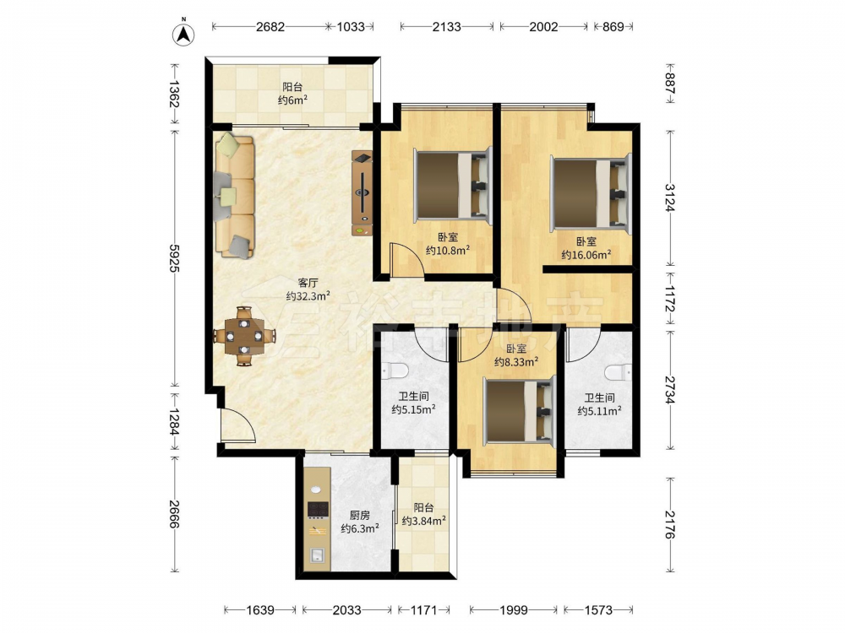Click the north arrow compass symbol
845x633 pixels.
point(183,34)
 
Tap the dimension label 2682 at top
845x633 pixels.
point(270,26)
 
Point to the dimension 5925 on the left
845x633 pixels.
point(174,257)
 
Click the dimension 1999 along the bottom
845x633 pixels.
point(513,610)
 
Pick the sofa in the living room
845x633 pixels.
point(234,196)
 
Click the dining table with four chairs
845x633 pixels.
point(245,337)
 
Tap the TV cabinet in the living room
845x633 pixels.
point(363,193)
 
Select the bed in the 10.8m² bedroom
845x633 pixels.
point(453,186)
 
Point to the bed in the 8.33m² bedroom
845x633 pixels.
point(520,411)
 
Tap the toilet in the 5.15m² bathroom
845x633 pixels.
point(395,371)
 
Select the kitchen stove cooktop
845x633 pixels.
point(318,509)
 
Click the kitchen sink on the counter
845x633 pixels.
point(316,555)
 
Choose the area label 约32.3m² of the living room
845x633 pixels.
point(308,295)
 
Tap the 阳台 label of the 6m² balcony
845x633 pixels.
point(292,87)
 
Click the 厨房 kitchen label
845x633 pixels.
point(359,515)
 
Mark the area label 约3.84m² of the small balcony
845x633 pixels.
point(423,521)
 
